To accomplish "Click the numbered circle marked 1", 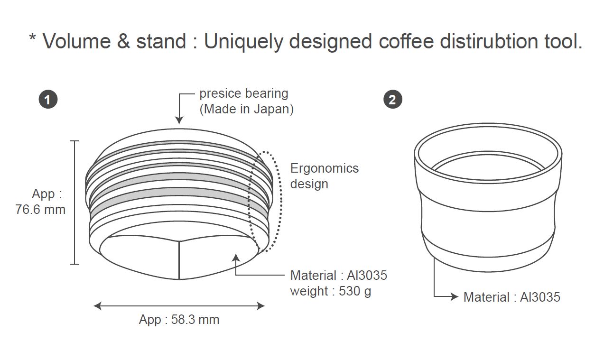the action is pyautogui.click(x=48, y=100).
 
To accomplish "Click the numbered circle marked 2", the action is pyautogui.click(x=392, y=100).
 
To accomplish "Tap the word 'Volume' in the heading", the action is pyautogui.click(x=77, y=41).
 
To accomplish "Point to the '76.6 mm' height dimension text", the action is pyautogui.click(x=40, y=209).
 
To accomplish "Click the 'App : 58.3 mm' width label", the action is pyautogui.click(x=179, y=320).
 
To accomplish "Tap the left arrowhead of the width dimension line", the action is pyautogui.click(x=98, y=306).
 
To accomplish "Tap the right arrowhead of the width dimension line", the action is pyautogui.click(x=260, y=306).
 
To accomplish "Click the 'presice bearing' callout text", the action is pyautogui.click(x=244, y=93).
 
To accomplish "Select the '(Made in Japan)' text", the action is pyautogui.click(x=246, y=109).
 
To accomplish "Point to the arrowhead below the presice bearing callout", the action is pyautogui.click(x=179, y=120).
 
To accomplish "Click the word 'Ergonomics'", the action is pyautogui.click(x=325, y=168).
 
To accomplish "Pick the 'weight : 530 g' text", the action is pyautogui.click(x=331, y=291).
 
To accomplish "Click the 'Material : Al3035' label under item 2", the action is pyautogui.click(x=512, y=297).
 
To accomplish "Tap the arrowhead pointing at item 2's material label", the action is pyautogui.click(x=455, y=296).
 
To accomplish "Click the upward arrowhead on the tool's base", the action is pyautogui.click(x=236, y=258).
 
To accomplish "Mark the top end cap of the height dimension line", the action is pyautogui.click(x=74, y=141).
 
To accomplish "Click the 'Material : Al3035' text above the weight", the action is pyautogui.click(x=339, y=276).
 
